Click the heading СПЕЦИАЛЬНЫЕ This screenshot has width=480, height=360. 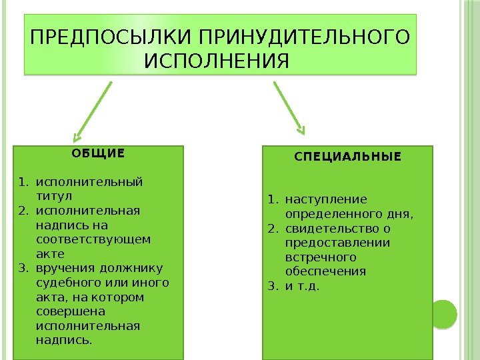pyautogui.click(x=348, y=157)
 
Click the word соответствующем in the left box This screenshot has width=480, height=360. pyautogui.click(x=93, y=239)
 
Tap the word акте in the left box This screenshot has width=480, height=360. pyautogui.click(x=50, y=253)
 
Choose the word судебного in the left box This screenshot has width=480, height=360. pyautogui.click(x=65, y=282)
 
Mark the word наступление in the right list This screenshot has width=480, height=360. pyautogui.click(x=326, y=199)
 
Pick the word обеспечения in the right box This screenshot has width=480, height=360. pyautogui.click(x=325, y=271)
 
